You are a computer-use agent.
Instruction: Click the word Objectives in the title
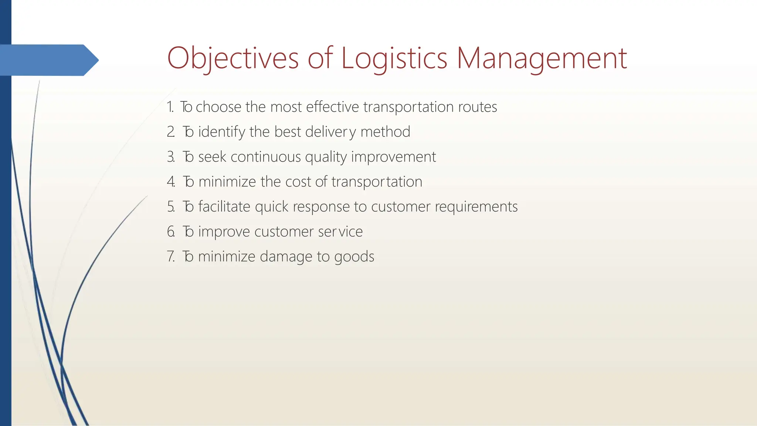coord(232,58)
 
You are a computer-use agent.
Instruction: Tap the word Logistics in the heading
coord(394,58)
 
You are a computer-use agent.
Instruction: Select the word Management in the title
coord(542,58)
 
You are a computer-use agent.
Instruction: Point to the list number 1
coord(170,107)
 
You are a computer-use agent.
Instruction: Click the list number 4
coord(170,182)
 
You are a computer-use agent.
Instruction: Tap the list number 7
coord(170,256)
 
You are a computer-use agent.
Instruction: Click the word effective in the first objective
coord(332,107)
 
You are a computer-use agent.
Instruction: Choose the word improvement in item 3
coord(393,157)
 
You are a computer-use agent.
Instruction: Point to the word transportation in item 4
coord(377,182)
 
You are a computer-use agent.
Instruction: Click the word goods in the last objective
coord(354,257)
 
